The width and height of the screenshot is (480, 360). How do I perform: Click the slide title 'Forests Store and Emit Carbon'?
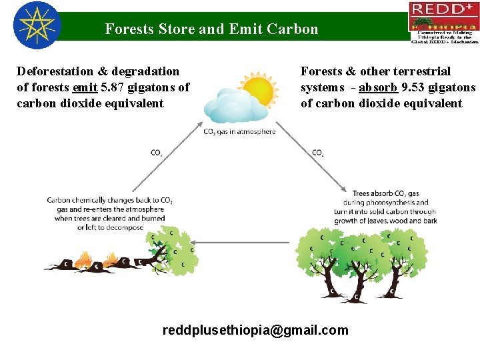tap(211, 29)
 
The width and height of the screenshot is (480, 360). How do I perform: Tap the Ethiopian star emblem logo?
tap(37, 26)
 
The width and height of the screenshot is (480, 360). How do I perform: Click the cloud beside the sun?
tap(226, 107)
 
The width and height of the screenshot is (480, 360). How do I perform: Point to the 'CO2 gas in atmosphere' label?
tap(239, 132)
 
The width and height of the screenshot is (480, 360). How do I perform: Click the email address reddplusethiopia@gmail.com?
tap(255, 330)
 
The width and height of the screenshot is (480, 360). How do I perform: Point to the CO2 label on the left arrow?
tap(157, 153)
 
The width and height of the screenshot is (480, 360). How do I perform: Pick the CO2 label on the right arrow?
tap(318, 153)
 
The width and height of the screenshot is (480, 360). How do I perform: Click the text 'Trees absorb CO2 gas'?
tap(385, 193)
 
